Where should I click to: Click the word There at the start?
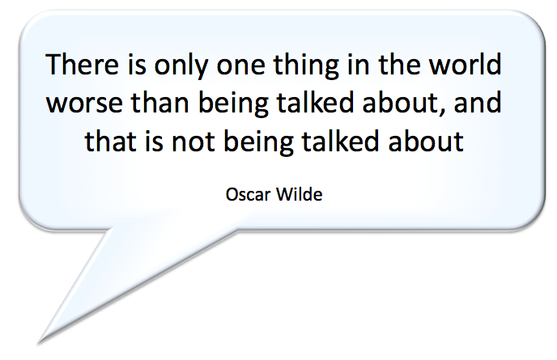coord(82,64)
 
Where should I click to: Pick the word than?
coord(159,102)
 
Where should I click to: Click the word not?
coord(193,142)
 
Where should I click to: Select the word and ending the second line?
coord(478,102)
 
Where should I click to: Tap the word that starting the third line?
coord(111,140)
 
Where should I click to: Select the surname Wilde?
coord(299,194)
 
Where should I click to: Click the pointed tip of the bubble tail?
coord(38,344)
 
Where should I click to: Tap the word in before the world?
coord(359,64)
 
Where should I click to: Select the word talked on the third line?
coord(340,140)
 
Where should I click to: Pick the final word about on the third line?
coord(426,140)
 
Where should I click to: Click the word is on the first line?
coord(137,64)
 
